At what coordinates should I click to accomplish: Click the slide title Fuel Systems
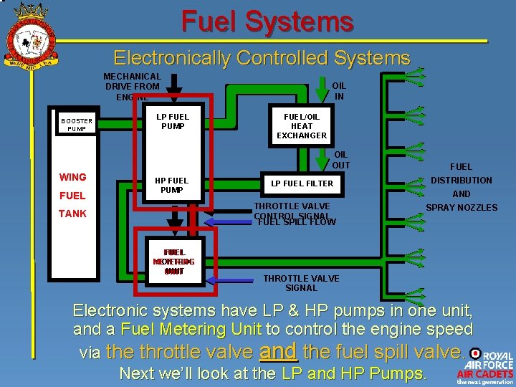click(x=267, y=21)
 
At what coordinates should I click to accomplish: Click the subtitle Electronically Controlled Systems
click(x=262, y=58)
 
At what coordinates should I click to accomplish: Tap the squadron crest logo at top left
click(x=30, y=34)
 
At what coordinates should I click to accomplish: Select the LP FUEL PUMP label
click(x=172, y=121)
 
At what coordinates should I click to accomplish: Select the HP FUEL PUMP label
click(x=172, y=185)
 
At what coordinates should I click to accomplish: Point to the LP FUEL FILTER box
click(x=302, y=183)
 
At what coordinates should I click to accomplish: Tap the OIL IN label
click(x=339, y=90)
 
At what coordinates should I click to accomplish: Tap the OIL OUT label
click(x=341, y=159)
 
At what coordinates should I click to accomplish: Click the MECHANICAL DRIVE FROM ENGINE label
click(x=132, y=86)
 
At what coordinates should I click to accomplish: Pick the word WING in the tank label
click(x=72, y=177)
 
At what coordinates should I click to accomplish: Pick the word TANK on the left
click(x=72, y=214)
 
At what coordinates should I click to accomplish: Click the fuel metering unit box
click(x=173, y=262)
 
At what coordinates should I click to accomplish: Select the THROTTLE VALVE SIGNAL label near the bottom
click(x=301, y=283)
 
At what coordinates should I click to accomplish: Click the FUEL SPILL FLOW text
click(x=297, y=222)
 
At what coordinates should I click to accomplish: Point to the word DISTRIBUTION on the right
click(x=461, y=181)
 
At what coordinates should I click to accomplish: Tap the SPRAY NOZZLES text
click(x=462, y=208)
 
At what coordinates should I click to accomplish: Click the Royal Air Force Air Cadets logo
click(x=484, y=368)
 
